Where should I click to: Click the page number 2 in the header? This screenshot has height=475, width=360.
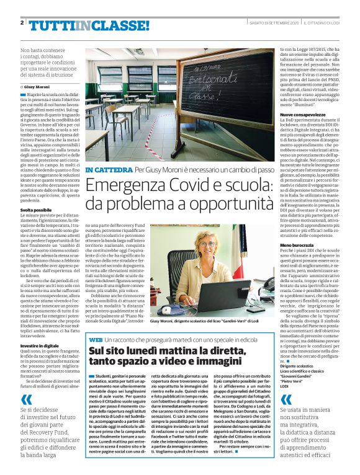[22, 24]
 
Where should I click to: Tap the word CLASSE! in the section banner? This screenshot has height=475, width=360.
[119, 25]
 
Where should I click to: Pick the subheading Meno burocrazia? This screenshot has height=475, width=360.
[295, 246]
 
